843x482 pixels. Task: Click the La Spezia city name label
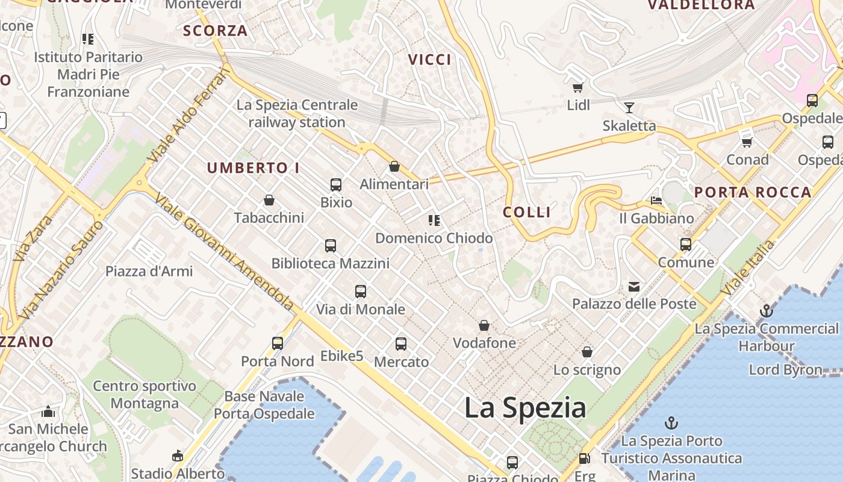click(525, 408)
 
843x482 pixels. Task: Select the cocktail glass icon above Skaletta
click(629, 108)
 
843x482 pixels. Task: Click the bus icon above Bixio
click(336, 185)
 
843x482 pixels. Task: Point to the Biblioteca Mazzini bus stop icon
click(331, 245)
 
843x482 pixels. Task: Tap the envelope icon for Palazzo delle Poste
click(634, 286)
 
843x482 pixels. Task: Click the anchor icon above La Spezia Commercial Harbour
click(766, 311)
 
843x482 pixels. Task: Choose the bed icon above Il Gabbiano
click(656, 201)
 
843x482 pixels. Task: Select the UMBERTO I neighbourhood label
click(254, 168)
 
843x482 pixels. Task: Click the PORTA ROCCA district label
click(753, 193)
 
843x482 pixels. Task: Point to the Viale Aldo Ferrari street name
click(190, 114)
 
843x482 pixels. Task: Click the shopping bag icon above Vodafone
click(484, 326)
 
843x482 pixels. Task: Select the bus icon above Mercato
click(401, 344)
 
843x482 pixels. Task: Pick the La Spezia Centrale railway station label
click(297, 113)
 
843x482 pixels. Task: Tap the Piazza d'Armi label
click(149, 271)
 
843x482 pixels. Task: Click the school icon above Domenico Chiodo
click(434, 221)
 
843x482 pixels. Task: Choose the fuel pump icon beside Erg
click(583, 459)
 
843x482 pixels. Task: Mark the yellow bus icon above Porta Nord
click(278, 343)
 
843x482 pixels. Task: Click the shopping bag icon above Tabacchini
click(269, 200)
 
